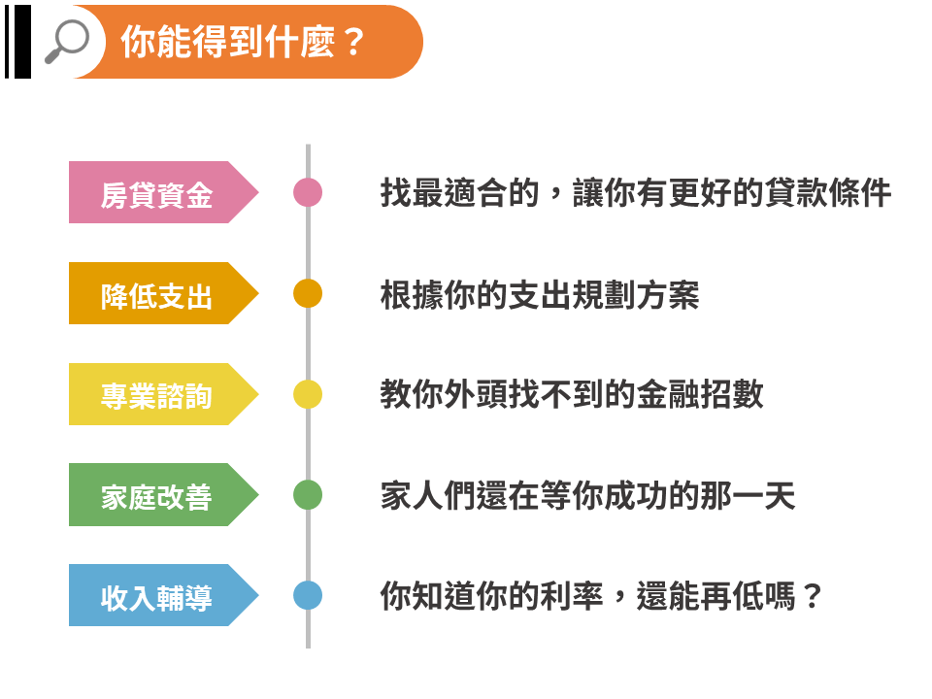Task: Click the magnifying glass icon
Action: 67,41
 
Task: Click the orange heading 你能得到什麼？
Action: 243,42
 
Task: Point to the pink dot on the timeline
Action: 308,192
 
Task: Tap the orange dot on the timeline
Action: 308,293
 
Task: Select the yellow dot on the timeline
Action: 308,394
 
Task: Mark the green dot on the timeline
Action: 308,495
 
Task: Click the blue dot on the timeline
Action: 308,595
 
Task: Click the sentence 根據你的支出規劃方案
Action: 540,294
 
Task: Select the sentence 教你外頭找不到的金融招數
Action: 572,394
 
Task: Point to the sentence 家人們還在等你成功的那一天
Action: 588,495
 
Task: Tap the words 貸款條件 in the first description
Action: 828,192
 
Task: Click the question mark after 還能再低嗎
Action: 812,596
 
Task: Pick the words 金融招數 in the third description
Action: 700,394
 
